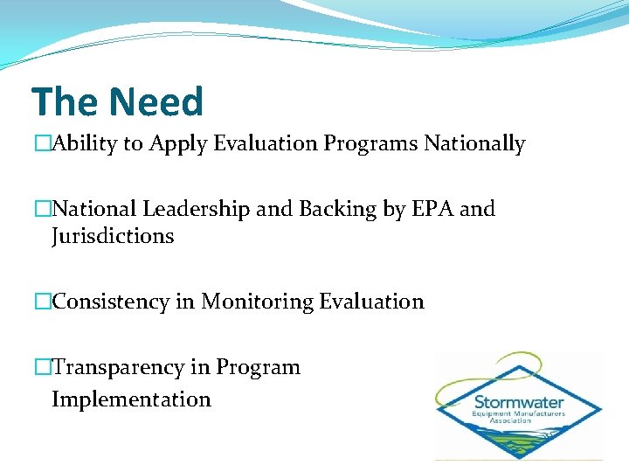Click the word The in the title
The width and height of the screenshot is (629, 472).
[x=65, y=101]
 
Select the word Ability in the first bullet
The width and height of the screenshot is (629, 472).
[x=86, y=144]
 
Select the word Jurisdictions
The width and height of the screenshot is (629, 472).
[x=113, y=236]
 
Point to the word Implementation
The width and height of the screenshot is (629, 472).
[x=131, y=399]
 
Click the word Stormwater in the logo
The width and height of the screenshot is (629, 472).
[x=519, y=402]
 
